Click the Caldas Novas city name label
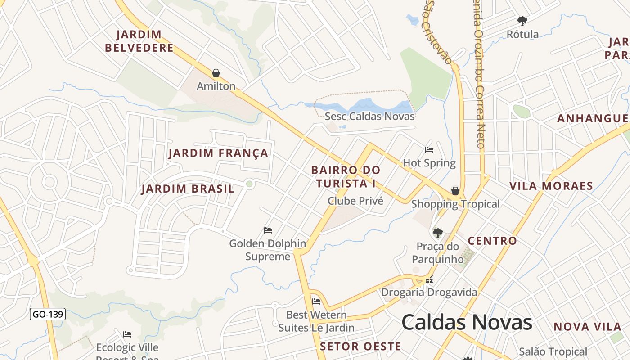[x=467, y=322]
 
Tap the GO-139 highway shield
[x=48, y=314]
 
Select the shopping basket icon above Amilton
[x=216, y=73]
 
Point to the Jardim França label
[x=218, y=153]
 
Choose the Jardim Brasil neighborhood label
[x=188, y=189]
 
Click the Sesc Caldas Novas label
[x=369, y=116]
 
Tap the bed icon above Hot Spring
[x=429, y=150]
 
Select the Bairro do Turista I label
[x=346, y=177]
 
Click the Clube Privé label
[x=355, y=201]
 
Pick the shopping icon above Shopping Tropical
[x=455, y=191]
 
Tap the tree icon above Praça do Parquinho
[x=437, y=233]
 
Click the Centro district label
[x=492, y=241]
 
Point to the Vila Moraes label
[x=551, y=186]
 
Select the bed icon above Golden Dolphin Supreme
[x=268, y=230]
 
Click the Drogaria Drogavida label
[x=429, y=292]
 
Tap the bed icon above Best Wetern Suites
[x=316, y=301]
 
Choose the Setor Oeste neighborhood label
[x=360, y=346]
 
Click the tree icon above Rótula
[x=522, y=21]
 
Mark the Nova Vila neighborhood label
[x=587, y=327]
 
